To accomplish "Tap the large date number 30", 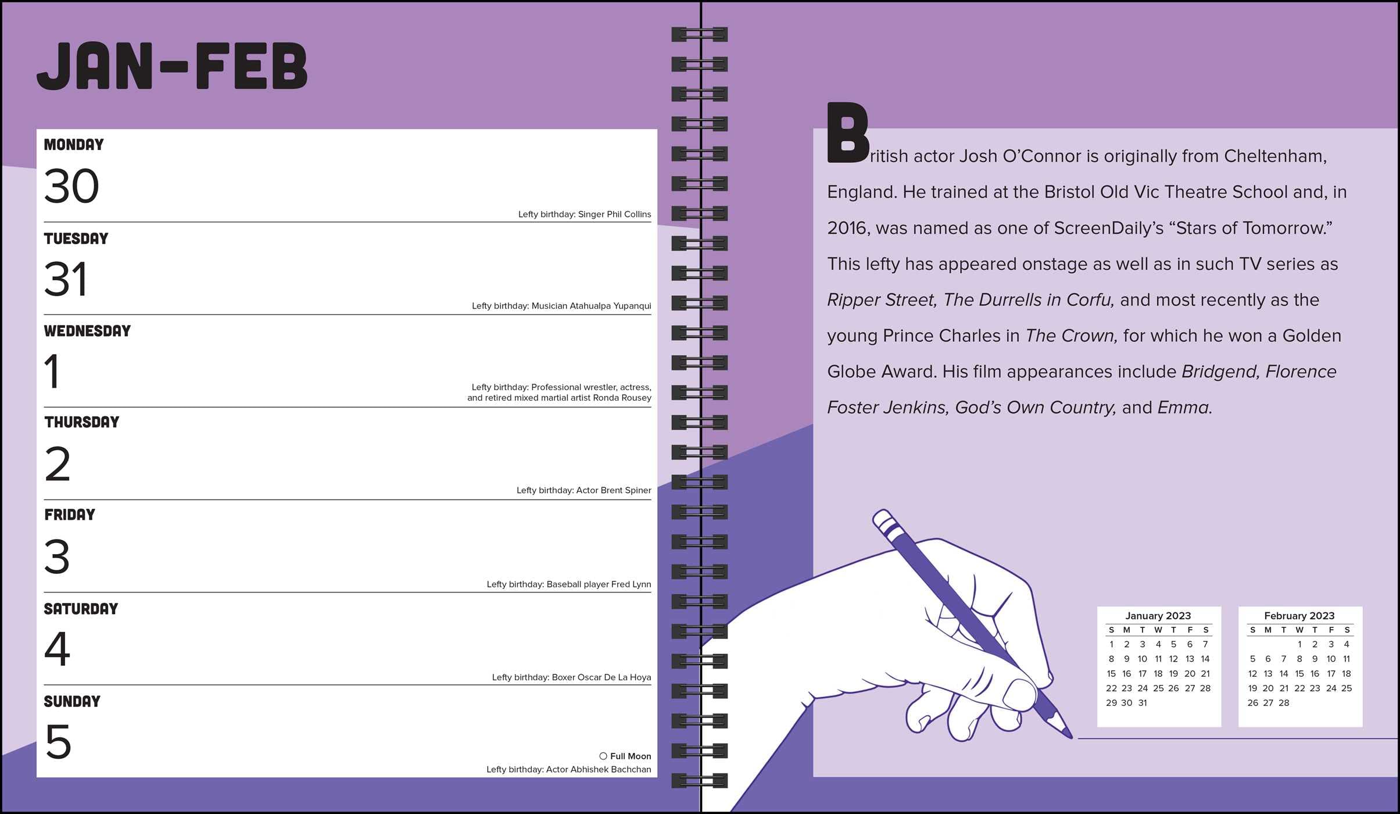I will coord(71,186).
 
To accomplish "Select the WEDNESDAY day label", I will coord(87,331).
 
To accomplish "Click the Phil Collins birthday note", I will coord(584,215).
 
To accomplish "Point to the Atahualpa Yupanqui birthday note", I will coord(561,306).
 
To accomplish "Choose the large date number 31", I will coord(66,279).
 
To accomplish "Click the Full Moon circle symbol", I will coord(603,756).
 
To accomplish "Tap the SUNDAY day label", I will coord(72,701).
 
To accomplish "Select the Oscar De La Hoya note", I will coord(571,677).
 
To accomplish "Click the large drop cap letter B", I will coord(847,133).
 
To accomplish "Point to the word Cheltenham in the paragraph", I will coord(1275,156).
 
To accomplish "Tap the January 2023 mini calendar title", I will coord(1158,616).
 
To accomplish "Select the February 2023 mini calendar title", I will coord(1299,616).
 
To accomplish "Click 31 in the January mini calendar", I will coord(1143,703).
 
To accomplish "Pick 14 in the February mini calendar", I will coord(1284,674).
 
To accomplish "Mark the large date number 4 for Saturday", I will coord(57,649).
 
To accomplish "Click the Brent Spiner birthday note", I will coord(583,491).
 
